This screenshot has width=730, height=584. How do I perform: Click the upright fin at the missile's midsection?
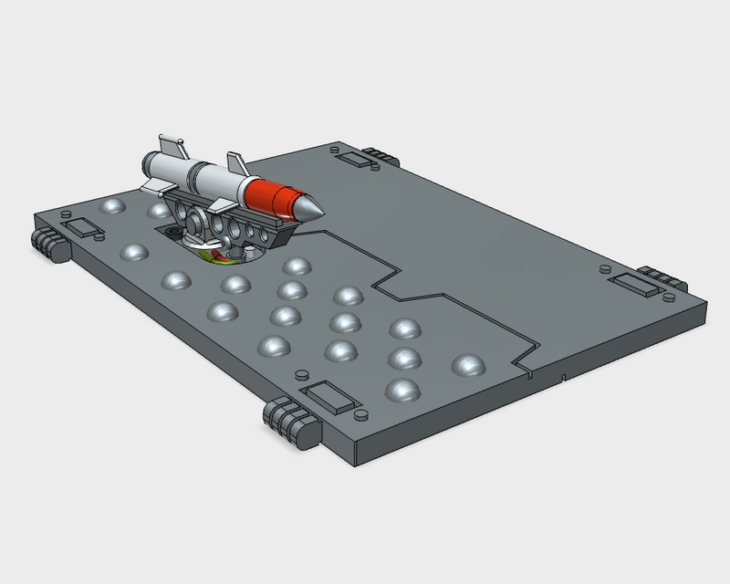235,164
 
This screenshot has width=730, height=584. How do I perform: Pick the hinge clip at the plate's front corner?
291,422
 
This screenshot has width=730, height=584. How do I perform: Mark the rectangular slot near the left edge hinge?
82,227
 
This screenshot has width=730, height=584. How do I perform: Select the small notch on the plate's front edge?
566,376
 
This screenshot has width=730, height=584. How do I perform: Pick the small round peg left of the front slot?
299,375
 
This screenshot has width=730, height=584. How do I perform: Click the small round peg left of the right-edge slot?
603,270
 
